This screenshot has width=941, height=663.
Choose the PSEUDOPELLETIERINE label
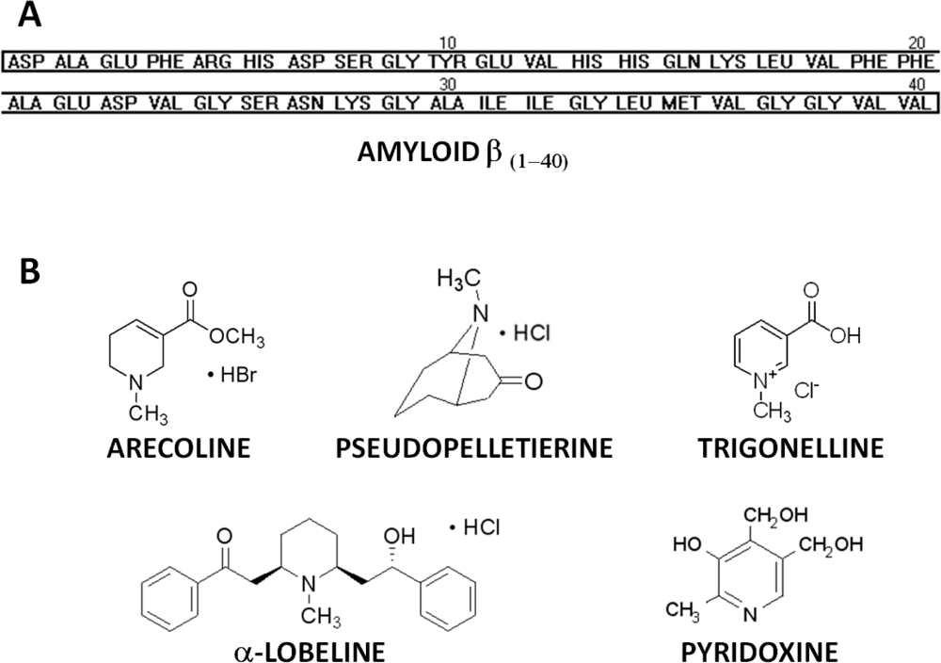[x=472, y=450]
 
